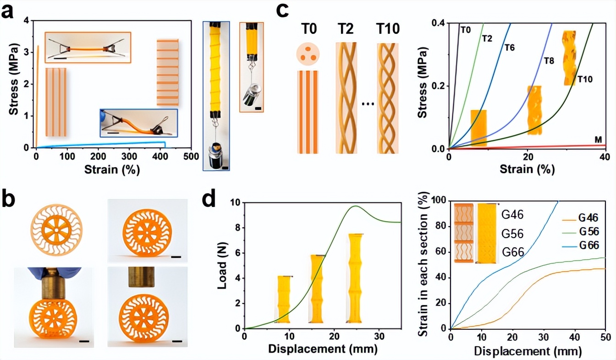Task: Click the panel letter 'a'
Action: [7, 12]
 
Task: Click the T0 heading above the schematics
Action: [309, 29]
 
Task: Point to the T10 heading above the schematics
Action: [388, 29]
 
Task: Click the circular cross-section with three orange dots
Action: [308, 54]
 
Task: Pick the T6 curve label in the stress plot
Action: [509, 48]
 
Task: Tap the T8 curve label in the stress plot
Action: [549, 60]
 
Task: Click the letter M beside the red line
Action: [598, 140]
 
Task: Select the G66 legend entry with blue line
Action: [580, 245]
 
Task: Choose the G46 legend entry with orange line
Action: [580, 218]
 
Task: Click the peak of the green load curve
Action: [356, 206]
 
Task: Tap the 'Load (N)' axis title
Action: [222, 266]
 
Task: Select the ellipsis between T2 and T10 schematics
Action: [368, 104]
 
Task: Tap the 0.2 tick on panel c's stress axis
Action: [439, 86]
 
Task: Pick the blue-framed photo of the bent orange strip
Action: [139, 123]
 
